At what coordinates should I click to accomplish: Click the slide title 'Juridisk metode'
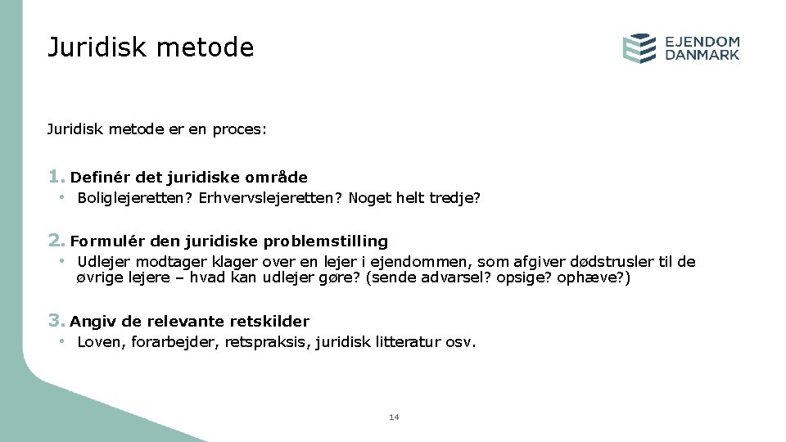coord(151,47)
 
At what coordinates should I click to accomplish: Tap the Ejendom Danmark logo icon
coord(639,48)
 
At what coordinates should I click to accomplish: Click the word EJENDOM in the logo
coord(702,41)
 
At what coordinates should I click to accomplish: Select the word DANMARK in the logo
coord(702,56)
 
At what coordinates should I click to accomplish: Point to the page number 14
coord(394,417)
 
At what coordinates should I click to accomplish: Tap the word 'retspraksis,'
coord(262,342)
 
